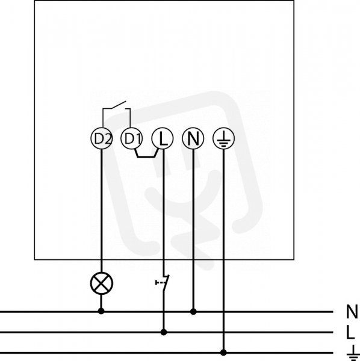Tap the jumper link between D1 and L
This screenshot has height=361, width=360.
point(146,157)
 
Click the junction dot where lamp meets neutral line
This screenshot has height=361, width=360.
point(101,311)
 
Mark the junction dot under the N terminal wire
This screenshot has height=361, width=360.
point(193,312)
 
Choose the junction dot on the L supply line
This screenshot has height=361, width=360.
point(164,332)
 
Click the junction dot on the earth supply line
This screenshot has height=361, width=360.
point(223,352)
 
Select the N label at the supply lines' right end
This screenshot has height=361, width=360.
point(352,312)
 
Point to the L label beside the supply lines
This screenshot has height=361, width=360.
point(350,332)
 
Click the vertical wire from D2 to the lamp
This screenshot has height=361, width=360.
point(102,211)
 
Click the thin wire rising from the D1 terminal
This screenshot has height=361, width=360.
point(130,118)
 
